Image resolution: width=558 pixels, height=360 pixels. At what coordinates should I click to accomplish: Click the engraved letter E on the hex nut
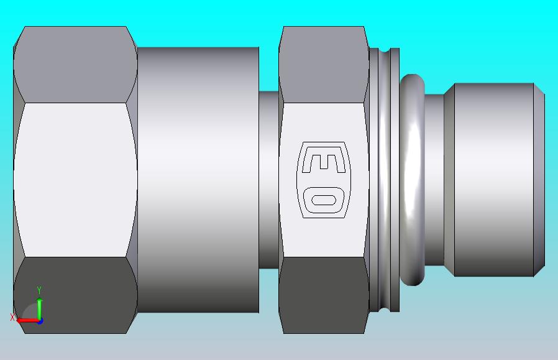pos(324,164)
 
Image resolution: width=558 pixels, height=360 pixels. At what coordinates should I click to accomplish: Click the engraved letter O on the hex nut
pos(324,200)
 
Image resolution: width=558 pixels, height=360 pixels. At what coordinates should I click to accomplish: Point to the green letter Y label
pos(39,290)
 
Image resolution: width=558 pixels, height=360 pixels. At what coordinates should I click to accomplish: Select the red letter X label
pos(12,317)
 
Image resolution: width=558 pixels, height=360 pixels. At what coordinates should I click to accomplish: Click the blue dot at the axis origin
pos(40,321)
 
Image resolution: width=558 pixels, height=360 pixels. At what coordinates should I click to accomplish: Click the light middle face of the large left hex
pos(75,180)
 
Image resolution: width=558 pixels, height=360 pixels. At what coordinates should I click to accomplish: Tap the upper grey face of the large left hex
pos(75,65)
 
